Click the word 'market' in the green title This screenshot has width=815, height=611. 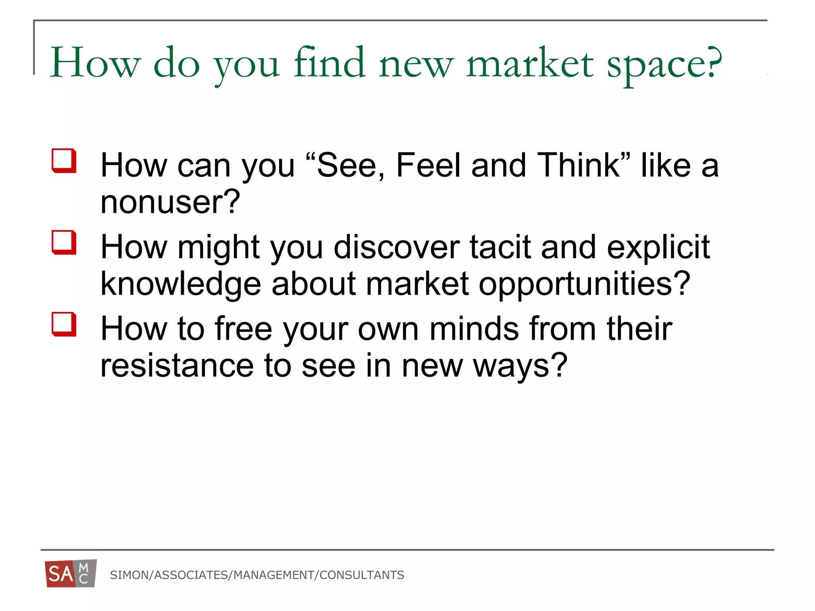(530, 64)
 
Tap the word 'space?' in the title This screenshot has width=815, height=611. (664, 65)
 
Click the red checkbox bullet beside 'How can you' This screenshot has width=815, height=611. (64, 161)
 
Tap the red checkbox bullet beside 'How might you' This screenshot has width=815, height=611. (64, 242)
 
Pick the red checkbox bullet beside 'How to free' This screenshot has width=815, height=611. (64, 324)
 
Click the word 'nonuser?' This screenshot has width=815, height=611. (170, 202)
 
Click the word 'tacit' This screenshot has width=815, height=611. (500, 247)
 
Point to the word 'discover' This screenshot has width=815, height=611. (396, 247)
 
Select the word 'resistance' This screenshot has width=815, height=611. (177, 366)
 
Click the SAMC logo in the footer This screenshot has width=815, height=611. (71, 573)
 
